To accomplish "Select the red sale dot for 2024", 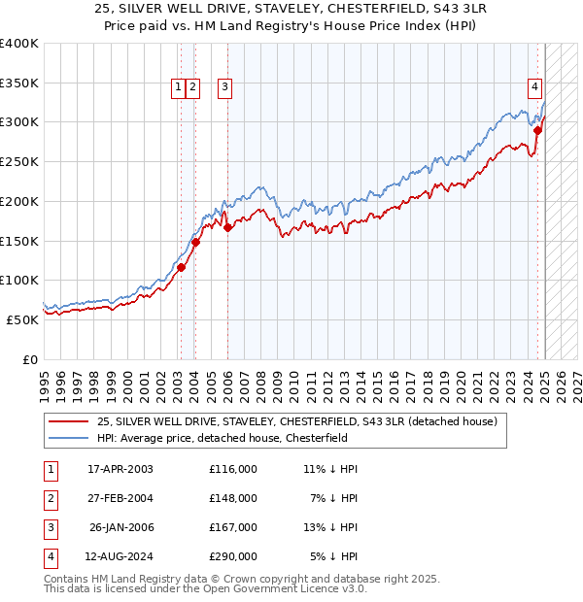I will [x=537, y=129].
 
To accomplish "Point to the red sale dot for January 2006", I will [x=227, y=229].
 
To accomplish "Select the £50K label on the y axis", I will [x=23, y=319].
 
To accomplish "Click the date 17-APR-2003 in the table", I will [x=120, y=469].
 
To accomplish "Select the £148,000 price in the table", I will [x=233, y=498].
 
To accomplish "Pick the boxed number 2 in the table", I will [x=50, y=498].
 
